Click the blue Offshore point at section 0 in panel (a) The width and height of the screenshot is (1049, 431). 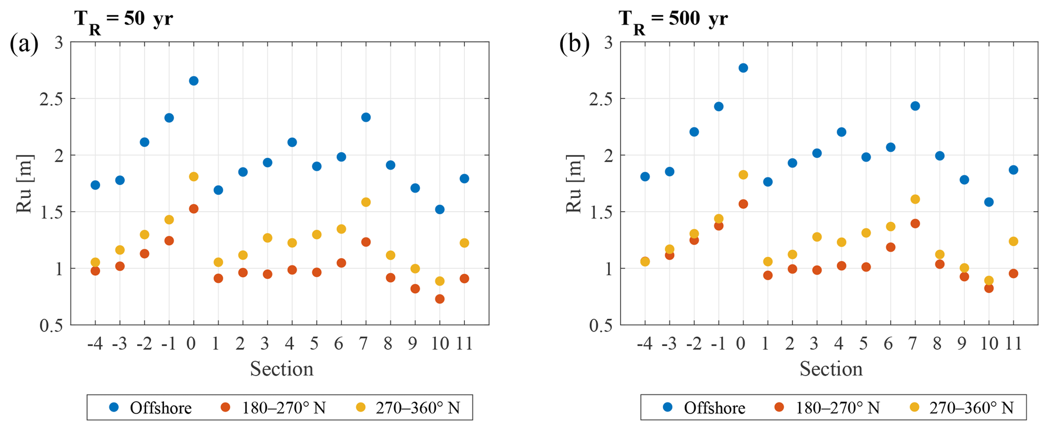[193, 81]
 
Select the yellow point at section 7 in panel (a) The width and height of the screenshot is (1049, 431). [365, 202]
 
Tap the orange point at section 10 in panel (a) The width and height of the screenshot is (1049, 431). [439, 299]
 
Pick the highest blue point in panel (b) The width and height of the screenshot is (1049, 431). [743, 68]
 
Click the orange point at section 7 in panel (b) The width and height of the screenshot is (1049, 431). [915, 223]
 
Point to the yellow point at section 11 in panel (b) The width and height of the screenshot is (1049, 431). [1013, 241]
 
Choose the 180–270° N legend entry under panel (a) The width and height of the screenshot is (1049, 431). [275, 408]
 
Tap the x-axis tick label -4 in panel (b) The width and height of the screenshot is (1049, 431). [644, 344]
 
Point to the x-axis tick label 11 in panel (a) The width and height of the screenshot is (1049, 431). [464, 344]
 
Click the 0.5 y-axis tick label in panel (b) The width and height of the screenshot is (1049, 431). [601, 325]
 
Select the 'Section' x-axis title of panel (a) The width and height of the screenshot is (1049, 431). [282, 369]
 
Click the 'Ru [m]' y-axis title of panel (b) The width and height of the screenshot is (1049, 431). [573, 184]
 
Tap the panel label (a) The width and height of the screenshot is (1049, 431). [24, 44]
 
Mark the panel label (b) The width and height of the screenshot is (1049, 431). [574, 44]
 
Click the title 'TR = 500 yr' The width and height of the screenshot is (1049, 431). [673, 20]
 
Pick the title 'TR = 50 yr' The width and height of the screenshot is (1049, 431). [123, 20]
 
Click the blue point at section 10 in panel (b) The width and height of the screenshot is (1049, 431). [989, 202]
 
